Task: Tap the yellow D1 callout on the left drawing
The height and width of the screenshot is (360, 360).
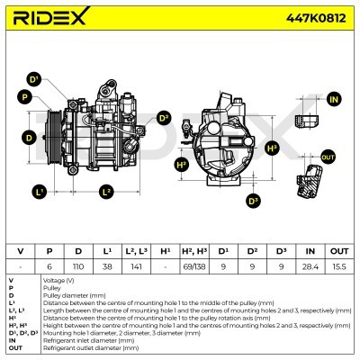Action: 33,79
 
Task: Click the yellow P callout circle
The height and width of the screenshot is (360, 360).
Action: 24,96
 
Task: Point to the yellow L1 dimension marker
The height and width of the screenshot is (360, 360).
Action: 39,192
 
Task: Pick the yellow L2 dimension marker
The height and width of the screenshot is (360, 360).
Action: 106,192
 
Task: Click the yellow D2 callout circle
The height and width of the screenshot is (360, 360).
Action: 164,117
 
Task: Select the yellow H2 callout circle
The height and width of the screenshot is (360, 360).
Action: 182,165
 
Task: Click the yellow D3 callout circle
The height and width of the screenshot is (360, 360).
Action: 252,200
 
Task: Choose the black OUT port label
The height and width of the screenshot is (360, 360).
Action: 327,157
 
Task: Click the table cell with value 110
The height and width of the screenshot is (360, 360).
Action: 77,266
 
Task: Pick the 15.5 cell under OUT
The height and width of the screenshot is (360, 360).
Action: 340,266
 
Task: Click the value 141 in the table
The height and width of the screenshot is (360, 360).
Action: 136,266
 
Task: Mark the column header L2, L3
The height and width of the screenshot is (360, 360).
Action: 136,249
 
